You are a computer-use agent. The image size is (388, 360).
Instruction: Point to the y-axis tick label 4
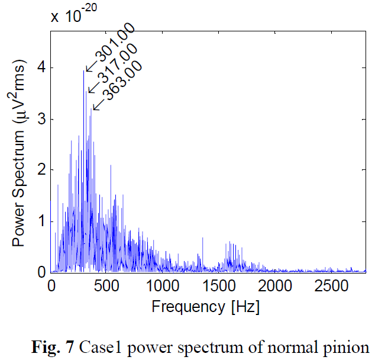coord(40,67)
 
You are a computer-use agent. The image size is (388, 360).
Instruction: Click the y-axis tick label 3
coord(40,119)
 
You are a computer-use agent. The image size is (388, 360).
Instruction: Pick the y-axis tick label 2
coord(40,170)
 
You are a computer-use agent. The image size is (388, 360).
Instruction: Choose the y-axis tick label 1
coord(40,221)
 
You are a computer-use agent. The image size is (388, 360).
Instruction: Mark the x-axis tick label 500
coord(107,287)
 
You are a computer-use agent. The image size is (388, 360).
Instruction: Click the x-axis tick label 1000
coord(163,287)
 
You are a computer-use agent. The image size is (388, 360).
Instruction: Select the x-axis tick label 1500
coord(219,287)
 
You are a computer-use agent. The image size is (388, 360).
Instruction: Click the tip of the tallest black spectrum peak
coord(83,70)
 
